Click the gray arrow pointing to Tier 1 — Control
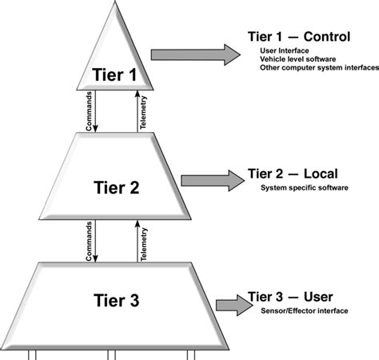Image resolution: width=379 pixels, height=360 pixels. [x=195, y=54]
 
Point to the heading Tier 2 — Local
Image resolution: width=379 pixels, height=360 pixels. [x=293, y=174]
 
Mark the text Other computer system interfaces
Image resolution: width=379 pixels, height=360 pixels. [x=318, y=69]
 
